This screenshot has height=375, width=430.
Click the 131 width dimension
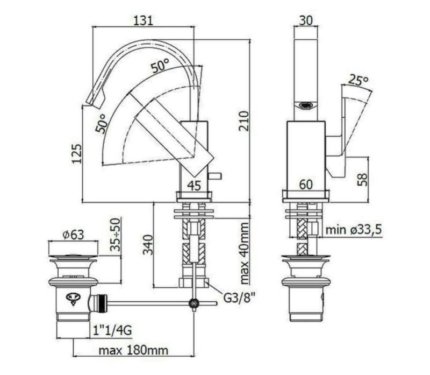click(x=143, y=20)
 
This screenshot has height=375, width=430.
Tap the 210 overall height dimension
click(x=243, y=121)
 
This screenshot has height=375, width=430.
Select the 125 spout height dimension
click(x=77, y=153)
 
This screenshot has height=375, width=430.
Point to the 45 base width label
click(x=194, y=186)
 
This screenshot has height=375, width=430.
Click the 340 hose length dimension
click(x=148, y=245)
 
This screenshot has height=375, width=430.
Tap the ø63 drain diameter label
click(x=73, y=235)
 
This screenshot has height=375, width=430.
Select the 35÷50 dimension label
click(x=116, y=235)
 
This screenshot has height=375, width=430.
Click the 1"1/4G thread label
click(x=112, y=330)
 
